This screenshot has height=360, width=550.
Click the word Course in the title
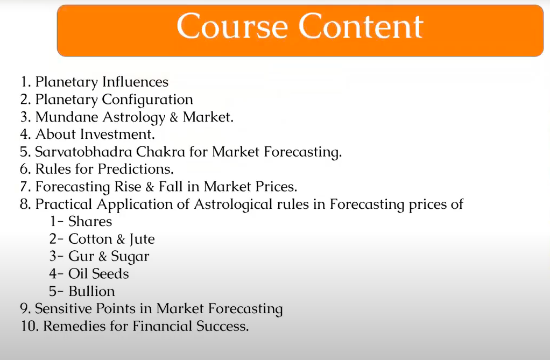232,26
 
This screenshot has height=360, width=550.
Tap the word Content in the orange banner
361,26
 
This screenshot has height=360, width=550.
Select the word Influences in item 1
136,82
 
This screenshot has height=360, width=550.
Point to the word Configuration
147,100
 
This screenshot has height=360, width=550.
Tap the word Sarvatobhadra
83,152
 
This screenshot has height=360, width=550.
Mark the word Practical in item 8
64,204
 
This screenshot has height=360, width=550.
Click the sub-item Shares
90,221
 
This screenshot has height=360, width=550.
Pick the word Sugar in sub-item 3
130,257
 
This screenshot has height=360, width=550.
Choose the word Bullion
91,291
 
